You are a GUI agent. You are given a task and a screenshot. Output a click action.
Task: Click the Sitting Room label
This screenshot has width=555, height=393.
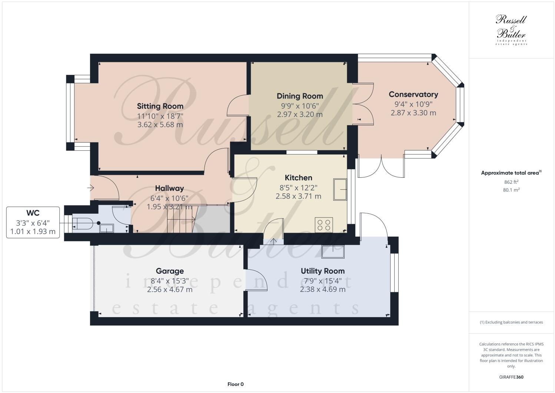[160, 106]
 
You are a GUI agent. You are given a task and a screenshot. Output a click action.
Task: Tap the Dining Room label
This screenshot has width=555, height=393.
[300, 96]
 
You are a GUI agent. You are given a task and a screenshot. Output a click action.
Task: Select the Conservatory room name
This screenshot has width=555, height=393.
[413, 94]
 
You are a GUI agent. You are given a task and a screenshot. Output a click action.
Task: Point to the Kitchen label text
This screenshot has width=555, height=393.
[298, 178]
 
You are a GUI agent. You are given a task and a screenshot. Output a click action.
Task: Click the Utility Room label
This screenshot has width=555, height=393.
[322, 271]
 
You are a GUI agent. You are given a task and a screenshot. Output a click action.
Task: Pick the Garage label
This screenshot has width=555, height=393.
[170, 271]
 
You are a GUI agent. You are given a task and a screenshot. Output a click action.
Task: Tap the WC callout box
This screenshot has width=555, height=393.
[33, 222]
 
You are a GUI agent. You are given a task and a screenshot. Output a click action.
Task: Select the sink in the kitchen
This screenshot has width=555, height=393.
[340, 189]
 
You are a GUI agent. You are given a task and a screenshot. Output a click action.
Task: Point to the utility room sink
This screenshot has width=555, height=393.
[332, 252]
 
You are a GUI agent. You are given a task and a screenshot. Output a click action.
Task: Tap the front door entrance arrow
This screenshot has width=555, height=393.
[90, 188]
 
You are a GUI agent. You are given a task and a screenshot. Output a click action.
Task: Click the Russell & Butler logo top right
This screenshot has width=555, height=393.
[511, 30]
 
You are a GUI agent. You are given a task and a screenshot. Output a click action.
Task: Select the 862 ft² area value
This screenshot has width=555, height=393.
[511, 182]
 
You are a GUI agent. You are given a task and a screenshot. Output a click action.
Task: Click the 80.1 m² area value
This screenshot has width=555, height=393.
[511, 190]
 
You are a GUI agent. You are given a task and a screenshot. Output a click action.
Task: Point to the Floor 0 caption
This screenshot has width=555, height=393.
[235, 384]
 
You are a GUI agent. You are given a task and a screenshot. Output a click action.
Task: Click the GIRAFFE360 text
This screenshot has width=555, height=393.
[511, 377]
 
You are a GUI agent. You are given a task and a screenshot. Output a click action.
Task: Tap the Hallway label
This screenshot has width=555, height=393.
[169, 189]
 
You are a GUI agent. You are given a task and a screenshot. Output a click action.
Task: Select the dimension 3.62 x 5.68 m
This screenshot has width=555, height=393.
[160, 125]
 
